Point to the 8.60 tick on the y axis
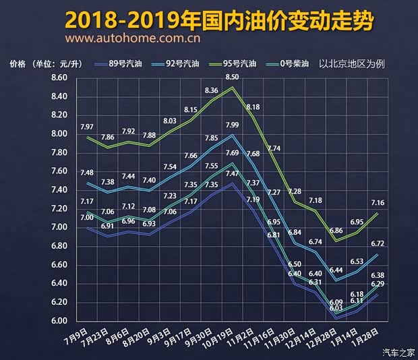59,78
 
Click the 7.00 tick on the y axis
59,227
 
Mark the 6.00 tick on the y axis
59,321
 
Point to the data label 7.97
86,127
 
